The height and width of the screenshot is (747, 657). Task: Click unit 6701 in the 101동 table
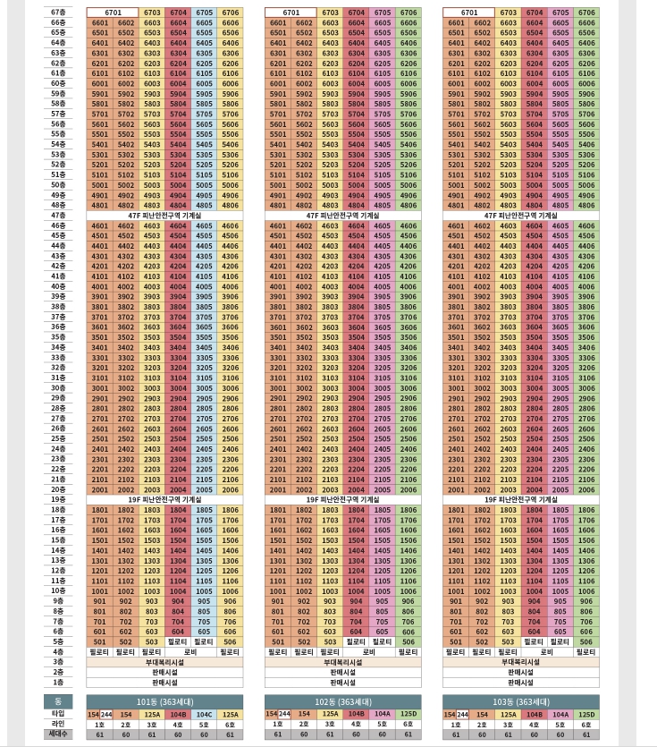[113, 13]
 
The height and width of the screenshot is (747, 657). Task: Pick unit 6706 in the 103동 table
[586, 13]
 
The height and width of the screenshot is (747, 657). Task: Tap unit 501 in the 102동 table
[278, 641]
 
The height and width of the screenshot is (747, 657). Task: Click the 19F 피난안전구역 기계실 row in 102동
[342, 500]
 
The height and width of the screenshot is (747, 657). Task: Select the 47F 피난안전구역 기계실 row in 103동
[520, 216]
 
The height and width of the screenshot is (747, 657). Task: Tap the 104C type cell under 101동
[204, 714]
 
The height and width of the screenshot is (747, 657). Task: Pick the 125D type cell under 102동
[408, 714]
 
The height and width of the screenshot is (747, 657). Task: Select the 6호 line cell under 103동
[586, 724]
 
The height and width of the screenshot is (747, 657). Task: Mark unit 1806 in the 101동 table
[231, 510]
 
